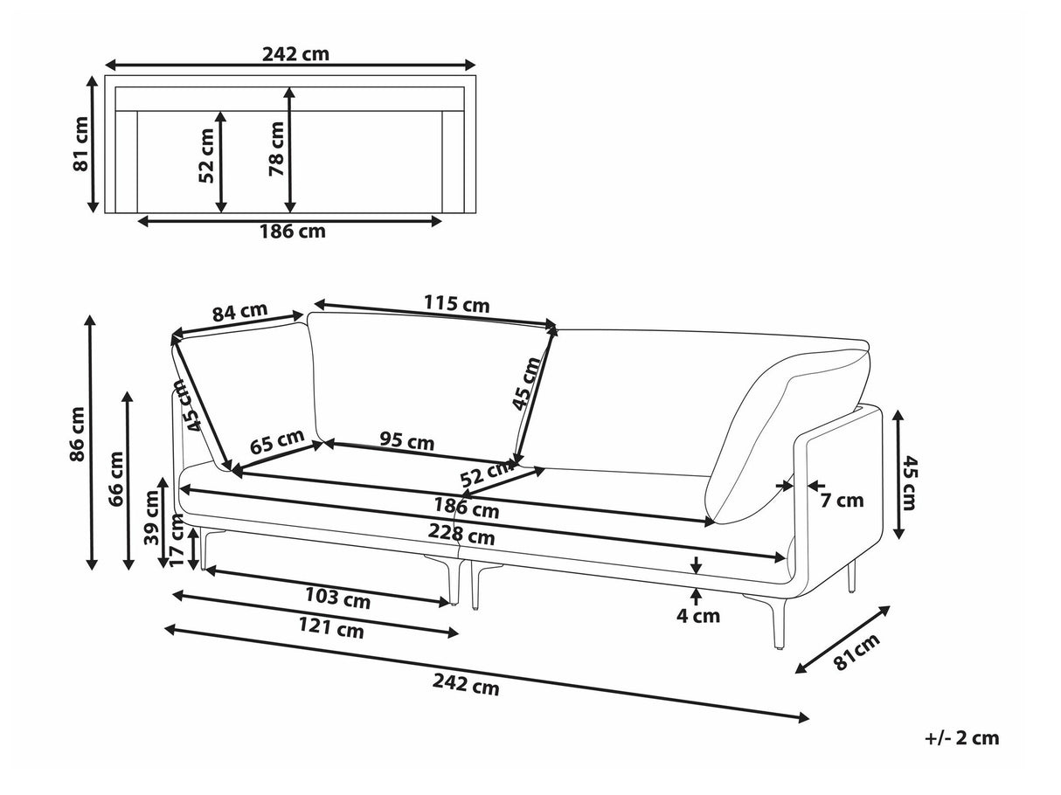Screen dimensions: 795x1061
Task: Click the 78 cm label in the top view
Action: tap(277, 149)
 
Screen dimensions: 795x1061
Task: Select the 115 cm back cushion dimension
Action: tap(456, 305)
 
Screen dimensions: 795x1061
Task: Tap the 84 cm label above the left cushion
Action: tap(239, 311)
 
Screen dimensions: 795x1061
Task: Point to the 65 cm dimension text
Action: tap(277, 440)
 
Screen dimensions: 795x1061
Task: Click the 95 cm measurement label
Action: tap(406, 442)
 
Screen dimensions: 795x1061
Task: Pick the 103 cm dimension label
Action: tap(336, 600)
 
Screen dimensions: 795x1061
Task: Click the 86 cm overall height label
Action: tap(79, 433)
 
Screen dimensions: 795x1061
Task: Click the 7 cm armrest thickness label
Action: tap(841, 501)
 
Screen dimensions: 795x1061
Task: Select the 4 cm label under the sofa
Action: tap(698, 616)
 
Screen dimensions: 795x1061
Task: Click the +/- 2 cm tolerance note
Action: tap(961, 738)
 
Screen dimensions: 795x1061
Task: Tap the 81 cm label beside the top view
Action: tap(80, 144)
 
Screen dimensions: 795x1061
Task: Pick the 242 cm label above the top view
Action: tap(295, 53)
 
